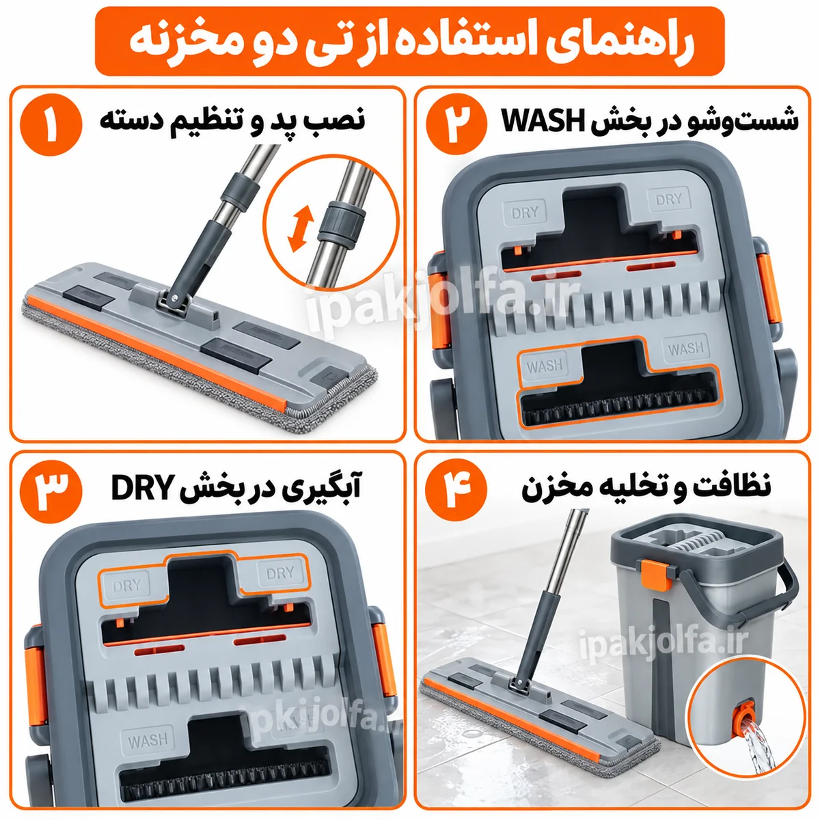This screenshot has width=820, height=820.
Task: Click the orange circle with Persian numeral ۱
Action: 51,125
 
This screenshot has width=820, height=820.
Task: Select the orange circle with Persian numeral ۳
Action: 51,491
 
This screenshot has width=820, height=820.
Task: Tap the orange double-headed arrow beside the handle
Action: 301,229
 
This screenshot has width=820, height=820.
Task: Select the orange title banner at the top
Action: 409,41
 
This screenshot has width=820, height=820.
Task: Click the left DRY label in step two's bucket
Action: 525,212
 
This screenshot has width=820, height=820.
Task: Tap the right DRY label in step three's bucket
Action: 279,573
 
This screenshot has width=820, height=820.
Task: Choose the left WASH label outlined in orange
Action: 544,366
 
